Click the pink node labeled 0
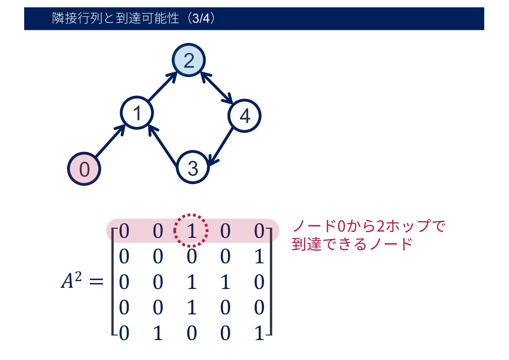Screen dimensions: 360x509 (x=84, y=169)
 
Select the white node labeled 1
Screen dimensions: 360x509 (x=137, y=113)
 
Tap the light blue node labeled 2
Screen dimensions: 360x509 (x=189, y=60)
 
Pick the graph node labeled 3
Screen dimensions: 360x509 (x=193, y=167)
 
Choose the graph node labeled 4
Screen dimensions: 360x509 (x=245, y=115)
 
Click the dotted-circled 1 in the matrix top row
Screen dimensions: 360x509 (x=191, y=231)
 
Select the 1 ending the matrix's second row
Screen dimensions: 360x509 (x=259, y=257)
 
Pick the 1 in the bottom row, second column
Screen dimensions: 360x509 (x=158, y=333)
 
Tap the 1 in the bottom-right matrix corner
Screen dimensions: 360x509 (x=259, y=333)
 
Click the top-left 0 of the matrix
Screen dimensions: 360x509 (x=124, y=231)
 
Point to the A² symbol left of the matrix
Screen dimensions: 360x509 (x=71, y=280)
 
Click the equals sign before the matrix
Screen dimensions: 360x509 (x=96, y=282)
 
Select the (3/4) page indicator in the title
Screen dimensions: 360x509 (x=201, y=18)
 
